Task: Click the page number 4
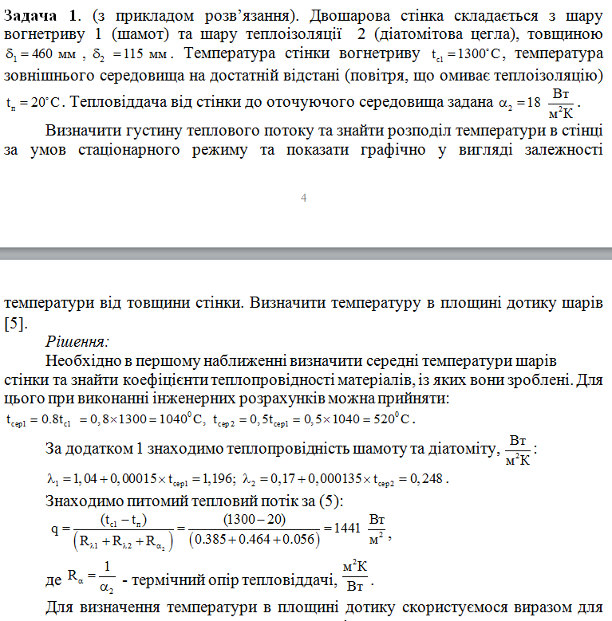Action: coord(304,198)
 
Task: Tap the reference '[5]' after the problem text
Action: coord(16,323)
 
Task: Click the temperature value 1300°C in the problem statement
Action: coord(476,56)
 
